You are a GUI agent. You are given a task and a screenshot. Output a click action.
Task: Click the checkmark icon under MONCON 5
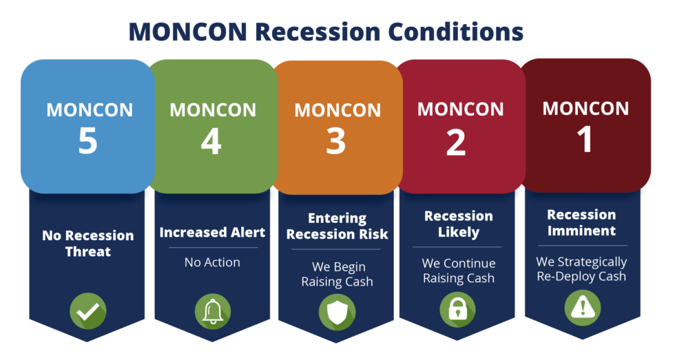click(88, 311)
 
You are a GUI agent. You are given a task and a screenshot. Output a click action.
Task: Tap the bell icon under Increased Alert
click(213, 311)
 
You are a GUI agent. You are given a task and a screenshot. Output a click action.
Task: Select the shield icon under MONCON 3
click(337, 313)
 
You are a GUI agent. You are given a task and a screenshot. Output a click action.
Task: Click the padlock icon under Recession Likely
click(457, 309)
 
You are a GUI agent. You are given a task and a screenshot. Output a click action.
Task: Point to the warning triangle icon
click(583, 308)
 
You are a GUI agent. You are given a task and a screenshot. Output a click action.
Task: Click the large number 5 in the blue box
click(88, 140)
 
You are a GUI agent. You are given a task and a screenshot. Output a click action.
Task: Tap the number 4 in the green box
click(211, 141)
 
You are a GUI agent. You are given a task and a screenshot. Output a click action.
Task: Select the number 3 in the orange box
click(336, 141)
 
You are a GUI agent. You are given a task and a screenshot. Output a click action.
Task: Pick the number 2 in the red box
click(456, 142)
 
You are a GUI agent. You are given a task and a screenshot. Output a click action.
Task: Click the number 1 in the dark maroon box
click(585, 139)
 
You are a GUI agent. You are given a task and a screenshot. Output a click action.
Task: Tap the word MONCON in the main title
click(188, 32)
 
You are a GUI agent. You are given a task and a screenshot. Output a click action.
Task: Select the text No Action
click(212, 262)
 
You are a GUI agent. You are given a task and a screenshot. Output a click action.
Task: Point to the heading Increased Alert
click(212, 232)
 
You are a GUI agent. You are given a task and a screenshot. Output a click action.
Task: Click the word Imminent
click(581, 231)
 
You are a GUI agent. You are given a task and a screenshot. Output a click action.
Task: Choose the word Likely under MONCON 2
click(459, 232)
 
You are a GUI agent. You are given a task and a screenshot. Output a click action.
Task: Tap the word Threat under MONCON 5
click(88, 251)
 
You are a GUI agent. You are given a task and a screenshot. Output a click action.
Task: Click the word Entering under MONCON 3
click(337, 218)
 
